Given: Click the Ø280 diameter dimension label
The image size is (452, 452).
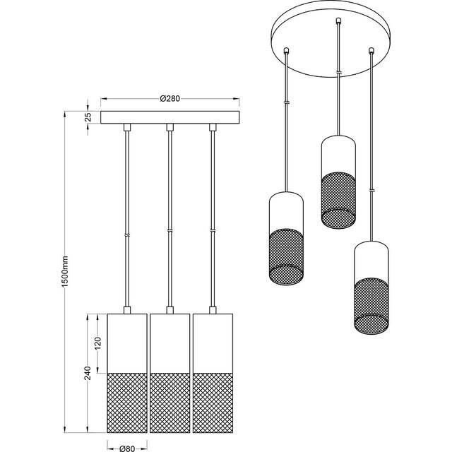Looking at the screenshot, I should click(169, 99).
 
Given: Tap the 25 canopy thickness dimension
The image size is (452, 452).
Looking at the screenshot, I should click(88, 118).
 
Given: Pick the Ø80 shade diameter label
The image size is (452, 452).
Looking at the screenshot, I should click(126, 446).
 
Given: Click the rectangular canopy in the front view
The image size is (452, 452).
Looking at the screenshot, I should click(169, 118).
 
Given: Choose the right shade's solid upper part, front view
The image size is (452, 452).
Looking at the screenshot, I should click(213, 342).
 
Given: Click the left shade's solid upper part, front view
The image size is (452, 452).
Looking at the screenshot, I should click(126, 342).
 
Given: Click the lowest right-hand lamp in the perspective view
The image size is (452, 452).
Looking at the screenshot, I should click(371, 286).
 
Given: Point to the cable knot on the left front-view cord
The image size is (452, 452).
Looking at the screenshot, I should click(126, 235).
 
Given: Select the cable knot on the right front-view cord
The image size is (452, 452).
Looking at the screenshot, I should click(213, 231).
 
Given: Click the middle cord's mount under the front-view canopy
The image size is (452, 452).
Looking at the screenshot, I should click(169, 128).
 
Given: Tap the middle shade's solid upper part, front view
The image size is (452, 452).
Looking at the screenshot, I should click(169, 342).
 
